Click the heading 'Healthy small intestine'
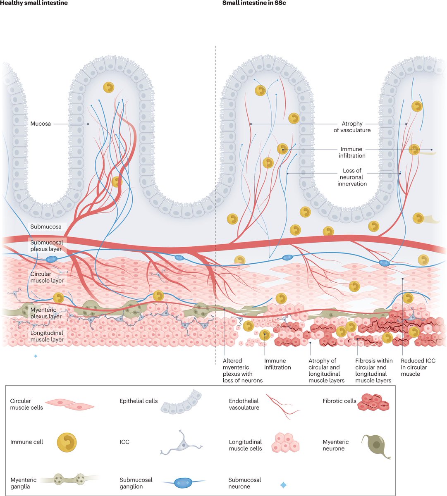click(34, 3)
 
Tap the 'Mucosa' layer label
click(41, 124)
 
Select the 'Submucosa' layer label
click(46, 227)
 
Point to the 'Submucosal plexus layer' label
click(46, 246)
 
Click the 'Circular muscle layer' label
click(47, 277)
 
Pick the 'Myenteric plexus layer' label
click(46, 313)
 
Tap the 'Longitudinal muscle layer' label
click(47, 336)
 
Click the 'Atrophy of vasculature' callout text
click(352, 127)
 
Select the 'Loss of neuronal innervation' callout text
click(352, 177)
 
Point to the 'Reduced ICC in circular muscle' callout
click(418, 367)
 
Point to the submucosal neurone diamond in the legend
click(283, 485)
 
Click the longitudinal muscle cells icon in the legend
click(285, 443)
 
